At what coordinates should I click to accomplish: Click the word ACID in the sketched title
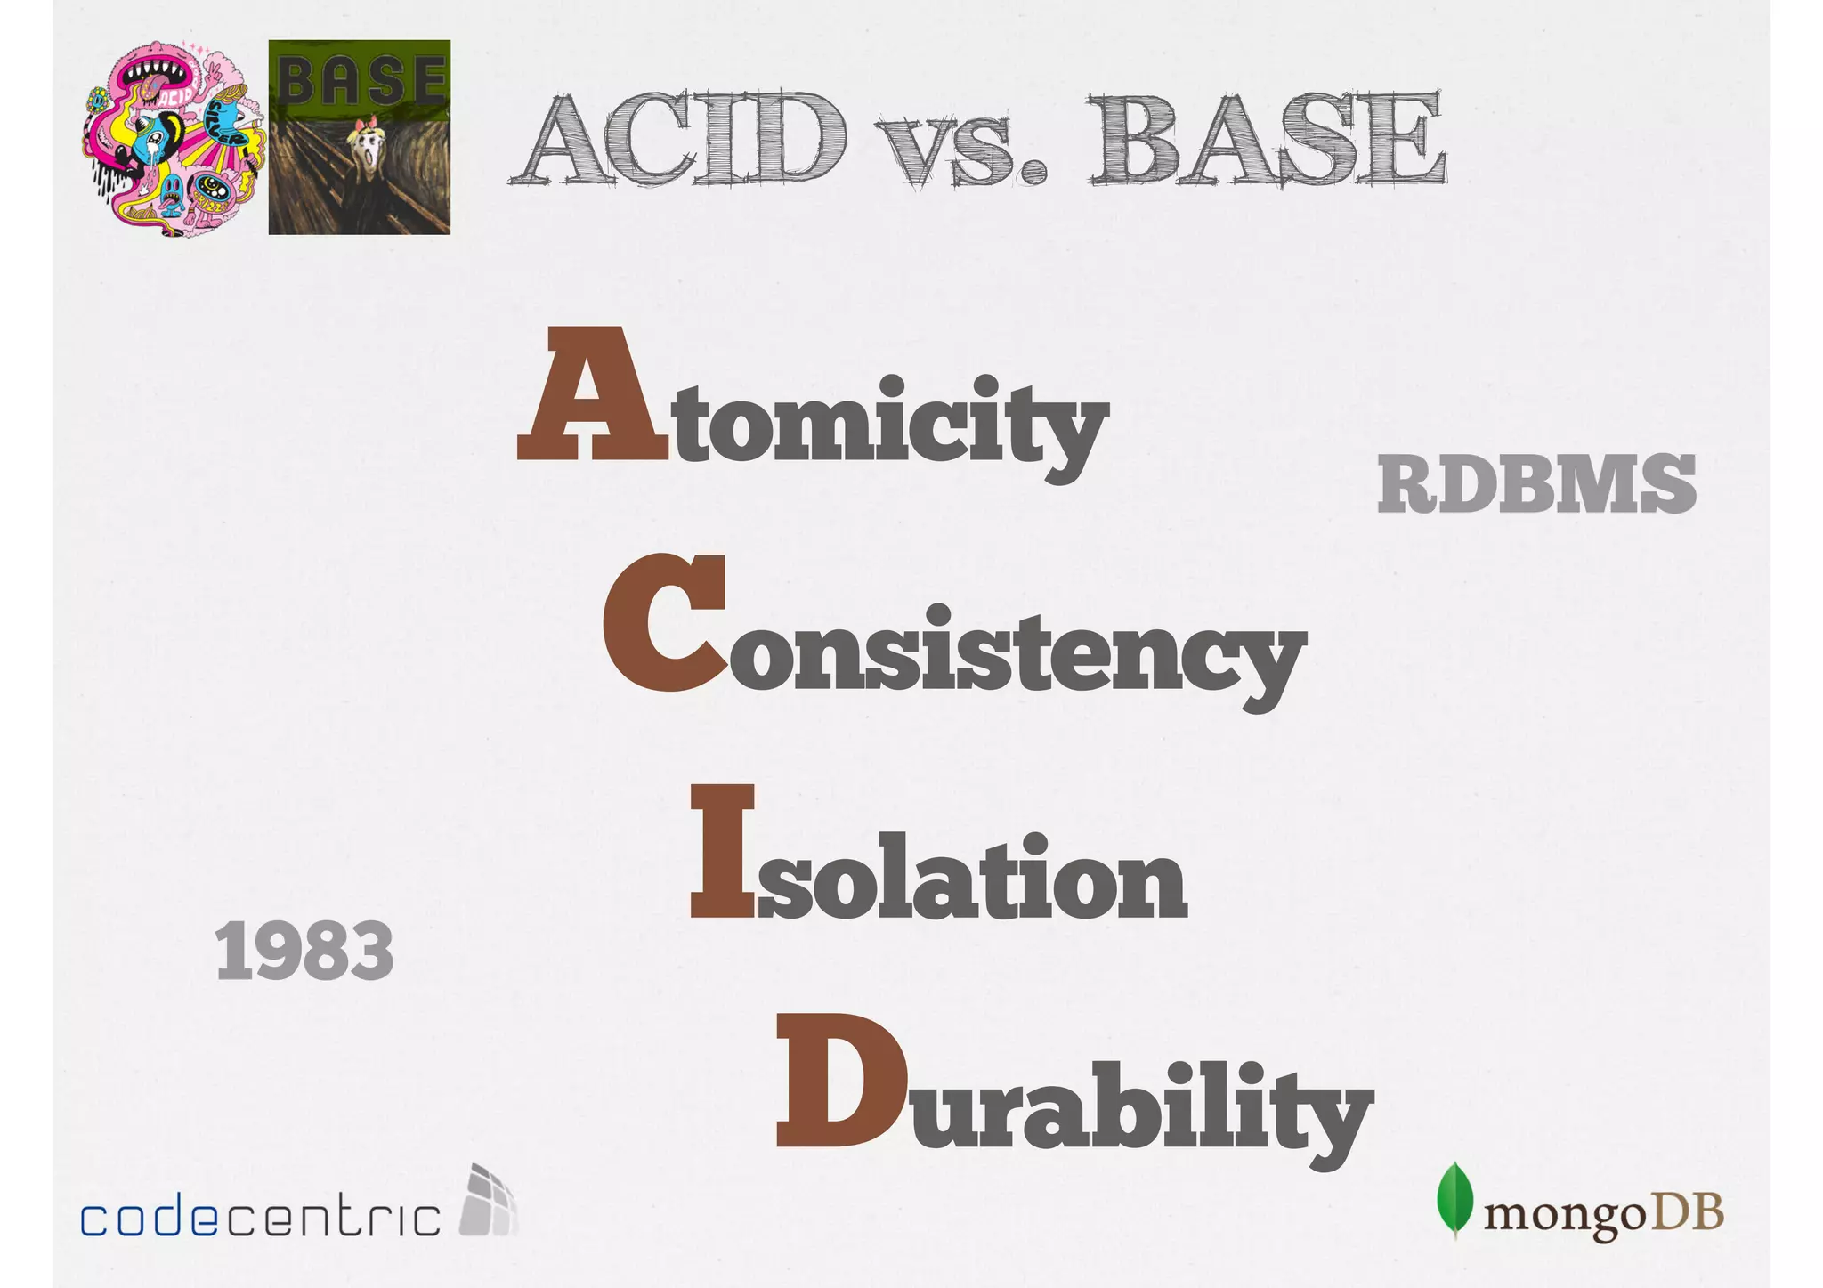[681, 140]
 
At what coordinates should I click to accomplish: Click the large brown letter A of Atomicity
[591, 396]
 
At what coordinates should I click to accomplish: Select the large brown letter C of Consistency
[664, 623]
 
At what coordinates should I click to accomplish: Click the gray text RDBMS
[1536, 484]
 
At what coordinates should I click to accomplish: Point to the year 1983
[304, 951]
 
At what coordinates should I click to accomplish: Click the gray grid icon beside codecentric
[488, 1201]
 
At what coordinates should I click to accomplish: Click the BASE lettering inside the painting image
[360, 80]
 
